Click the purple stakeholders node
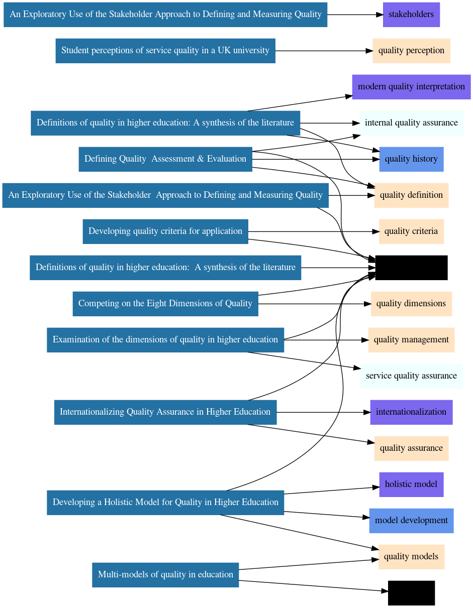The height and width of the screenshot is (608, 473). point(411,15)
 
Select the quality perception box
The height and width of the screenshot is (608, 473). point(411,51)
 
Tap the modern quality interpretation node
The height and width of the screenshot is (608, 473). point(411,87)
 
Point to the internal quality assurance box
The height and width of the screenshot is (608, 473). point(411,123)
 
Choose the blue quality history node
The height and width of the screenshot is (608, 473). point(411,159)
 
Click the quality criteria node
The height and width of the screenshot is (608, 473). point(411,231)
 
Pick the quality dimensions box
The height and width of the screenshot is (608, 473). point(411,304)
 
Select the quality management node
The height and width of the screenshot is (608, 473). point(411,340)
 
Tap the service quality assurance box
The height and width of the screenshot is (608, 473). point(411,376)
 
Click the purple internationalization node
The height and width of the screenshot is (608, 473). point(411,412)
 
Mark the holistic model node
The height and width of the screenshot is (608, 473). point(411,484)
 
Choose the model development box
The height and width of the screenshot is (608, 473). point(411,521)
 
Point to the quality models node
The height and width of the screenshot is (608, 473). point(411,557)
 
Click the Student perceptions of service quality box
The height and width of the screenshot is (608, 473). point(165,51)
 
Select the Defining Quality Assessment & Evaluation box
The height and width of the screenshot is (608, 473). point(165,159)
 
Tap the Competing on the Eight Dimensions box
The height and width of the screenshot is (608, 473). point(165,304)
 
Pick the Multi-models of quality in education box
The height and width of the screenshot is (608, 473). point(165,575)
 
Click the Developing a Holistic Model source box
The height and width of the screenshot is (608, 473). point(165,503)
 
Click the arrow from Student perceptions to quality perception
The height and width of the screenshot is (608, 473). point(322,51)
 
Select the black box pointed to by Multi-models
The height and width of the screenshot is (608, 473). point(411,593)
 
